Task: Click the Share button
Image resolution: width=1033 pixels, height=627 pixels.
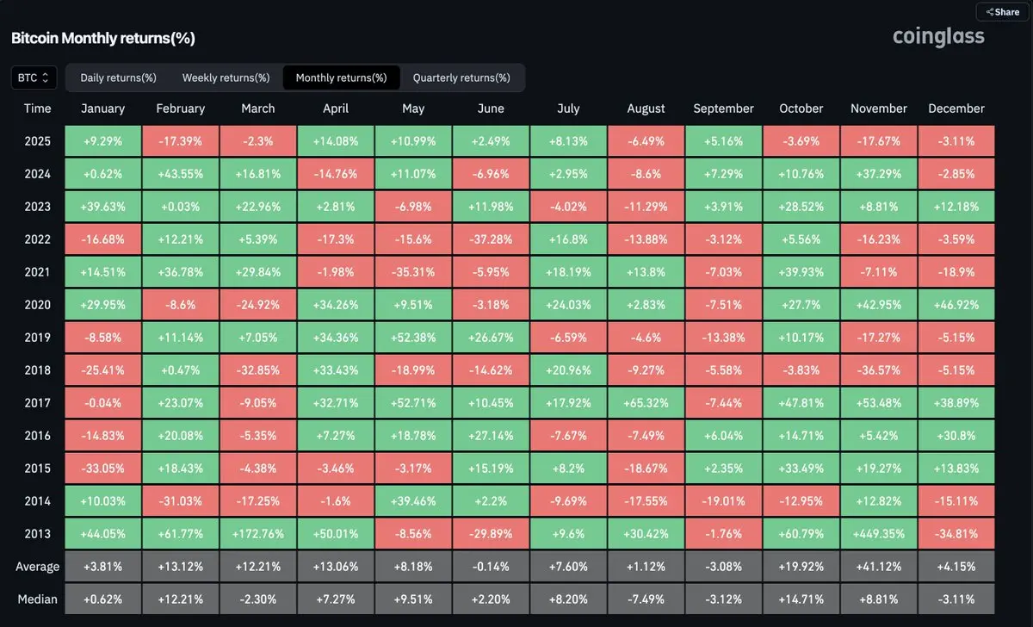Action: pyautogui.click(x=1002, y=12)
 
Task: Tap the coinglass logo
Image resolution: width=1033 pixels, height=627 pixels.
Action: pyautogui.click(x=938, y=36)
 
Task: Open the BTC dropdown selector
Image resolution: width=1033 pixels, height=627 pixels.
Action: pyautogui.click(x=34, y=78)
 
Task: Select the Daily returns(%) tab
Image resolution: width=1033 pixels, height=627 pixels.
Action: pyautogui.click(x=118, y=78)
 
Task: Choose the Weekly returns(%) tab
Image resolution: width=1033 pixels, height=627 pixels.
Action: pyautogui.click(x=226, y=78)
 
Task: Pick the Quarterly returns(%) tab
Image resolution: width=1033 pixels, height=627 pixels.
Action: pyautogui.click(x=461, y=78)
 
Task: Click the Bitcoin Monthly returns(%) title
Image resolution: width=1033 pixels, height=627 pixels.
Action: pyautogui.click(x=103, y=38)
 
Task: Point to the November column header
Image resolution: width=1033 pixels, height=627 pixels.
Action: pyautogui.click(x=879, y=109)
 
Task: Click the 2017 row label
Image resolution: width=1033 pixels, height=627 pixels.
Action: pyautogui.click(x=38, y=403)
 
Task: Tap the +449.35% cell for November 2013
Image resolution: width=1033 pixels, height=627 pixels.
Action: pyautogui.click(x=879, y=534)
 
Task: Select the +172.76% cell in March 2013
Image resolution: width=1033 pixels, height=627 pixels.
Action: pyautogui.click(x=258, y=534)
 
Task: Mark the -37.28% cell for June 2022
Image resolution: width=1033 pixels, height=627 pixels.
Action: pyautogui.click(x=491, y=239)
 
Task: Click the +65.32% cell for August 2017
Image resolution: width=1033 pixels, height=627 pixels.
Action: pyautogui.click(x=646, y=403)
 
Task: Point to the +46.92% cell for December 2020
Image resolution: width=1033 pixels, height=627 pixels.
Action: pyautogui.click(x=956, y=305)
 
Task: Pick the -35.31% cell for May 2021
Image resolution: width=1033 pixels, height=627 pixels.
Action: pyautogui.click(x=413, y=272)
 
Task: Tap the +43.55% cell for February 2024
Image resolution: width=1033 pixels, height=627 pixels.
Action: pyautogui.click(x=181, y=174)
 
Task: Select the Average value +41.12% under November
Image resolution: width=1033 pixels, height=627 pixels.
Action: pyautogui.click(x=879, y=567)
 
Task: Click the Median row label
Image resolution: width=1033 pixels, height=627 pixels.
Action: pyautogui.click(x=38, y=599)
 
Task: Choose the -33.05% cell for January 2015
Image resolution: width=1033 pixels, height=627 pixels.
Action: pyautogui.click(x=103, y=469)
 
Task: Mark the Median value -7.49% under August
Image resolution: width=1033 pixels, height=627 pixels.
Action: pyautogui.click(x=646, y=599)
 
